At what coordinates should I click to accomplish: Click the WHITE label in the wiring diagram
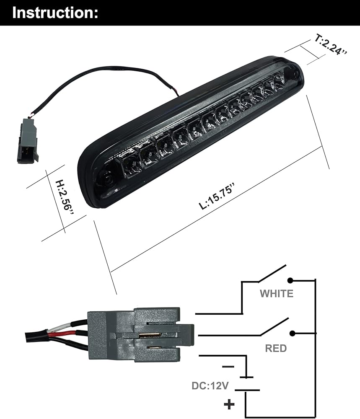click(x=276, y=294)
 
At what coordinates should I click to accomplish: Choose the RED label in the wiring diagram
click(x=276, y=348)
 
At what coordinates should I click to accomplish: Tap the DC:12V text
click(x=210, y=386)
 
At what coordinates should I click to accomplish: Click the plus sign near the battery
click(x=229, y=404)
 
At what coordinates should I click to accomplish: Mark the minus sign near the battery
click(x=228, y=367)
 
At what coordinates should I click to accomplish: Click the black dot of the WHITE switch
click(x=290, y=281)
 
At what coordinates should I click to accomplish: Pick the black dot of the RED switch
click(x=293, y=334)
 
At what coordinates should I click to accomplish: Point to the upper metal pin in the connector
click(x=150, y=335)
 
